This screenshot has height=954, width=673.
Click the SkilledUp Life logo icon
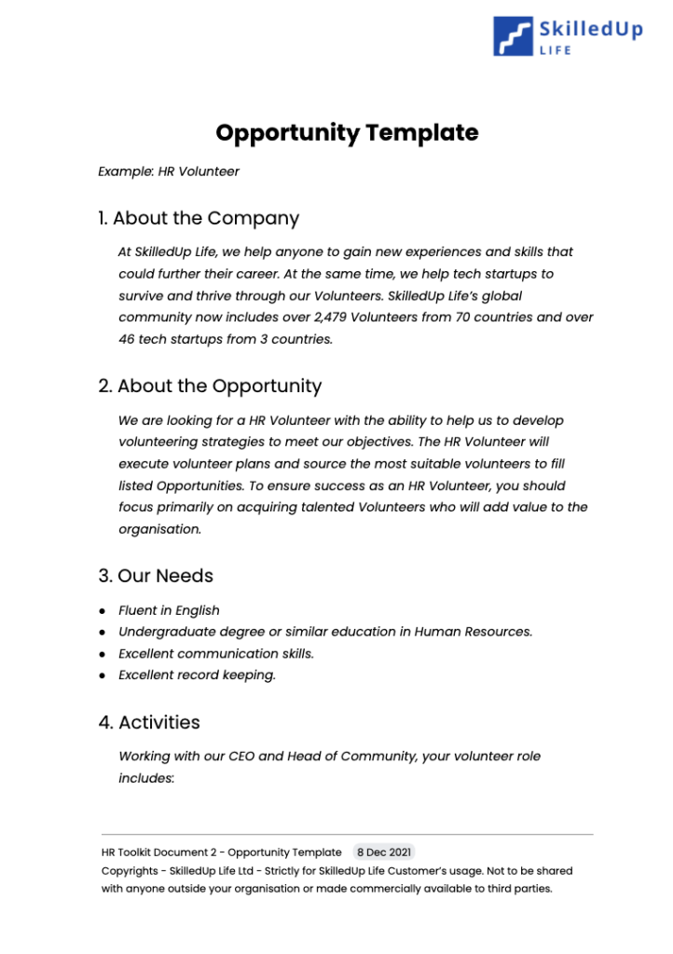point(514,35)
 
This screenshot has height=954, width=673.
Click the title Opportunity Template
point(347,132)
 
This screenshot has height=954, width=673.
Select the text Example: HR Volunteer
point(169,171)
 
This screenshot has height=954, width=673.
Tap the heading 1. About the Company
point(199,219)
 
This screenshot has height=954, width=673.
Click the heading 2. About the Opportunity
point(210,387)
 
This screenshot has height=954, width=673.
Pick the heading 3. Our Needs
point(156,576)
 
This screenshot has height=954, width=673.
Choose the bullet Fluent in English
point(169,611)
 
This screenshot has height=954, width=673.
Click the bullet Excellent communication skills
point(215,654)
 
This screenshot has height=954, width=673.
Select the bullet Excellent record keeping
point(197,675)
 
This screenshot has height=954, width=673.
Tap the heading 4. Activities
point(149,723)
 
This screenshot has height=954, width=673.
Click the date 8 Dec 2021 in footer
point(383,852)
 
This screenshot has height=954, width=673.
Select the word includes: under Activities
point(145,778)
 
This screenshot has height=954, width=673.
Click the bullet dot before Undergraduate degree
point(102,633)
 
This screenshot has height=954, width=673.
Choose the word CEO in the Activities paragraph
point(241,756)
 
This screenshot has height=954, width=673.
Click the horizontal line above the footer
point(347,834)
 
